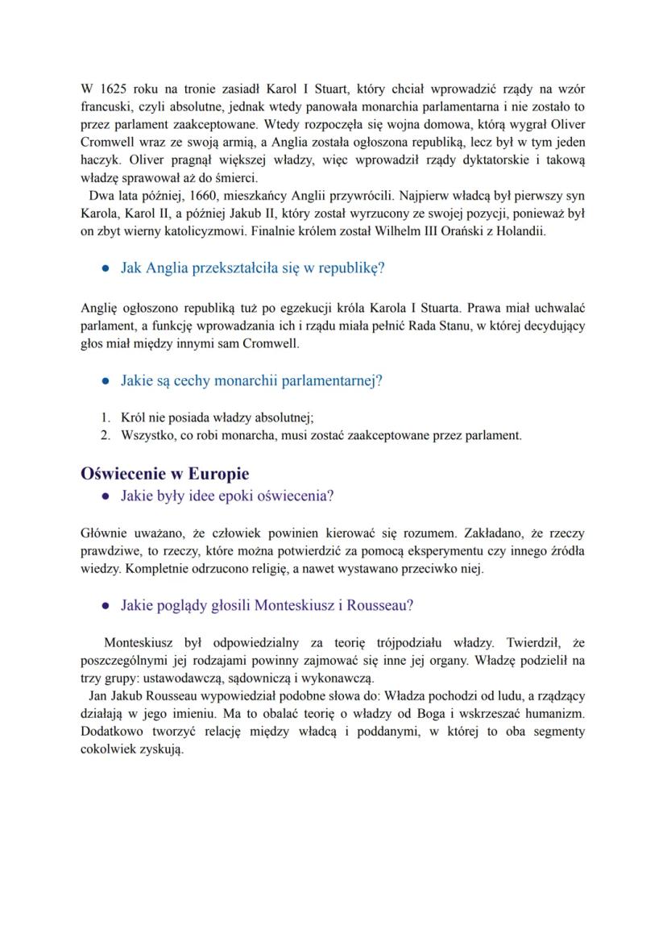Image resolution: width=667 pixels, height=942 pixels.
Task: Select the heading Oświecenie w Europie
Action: point(165,473)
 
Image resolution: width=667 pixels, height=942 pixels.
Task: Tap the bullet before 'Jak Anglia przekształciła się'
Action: point(106,268)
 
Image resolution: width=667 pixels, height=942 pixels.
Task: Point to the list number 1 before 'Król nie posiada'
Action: point(105,417)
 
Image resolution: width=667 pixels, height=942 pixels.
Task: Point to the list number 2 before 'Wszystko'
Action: point(105,435)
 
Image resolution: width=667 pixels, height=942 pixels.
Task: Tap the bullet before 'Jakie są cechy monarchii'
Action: point(106,381)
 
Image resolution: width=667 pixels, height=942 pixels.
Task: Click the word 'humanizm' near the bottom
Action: point(552,715)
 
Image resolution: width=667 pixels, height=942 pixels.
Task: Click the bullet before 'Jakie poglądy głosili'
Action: point(106,604)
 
